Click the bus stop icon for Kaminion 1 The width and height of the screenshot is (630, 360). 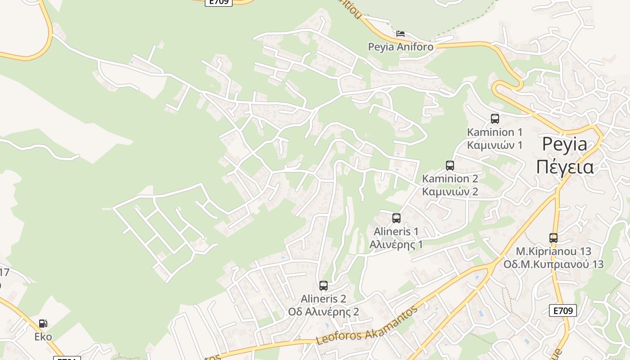click(x=495, y=119)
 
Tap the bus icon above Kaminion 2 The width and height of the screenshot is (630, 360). click(x=450, y=165)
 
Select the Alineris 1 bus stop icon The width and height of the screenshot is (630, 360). click(x=396, y=218)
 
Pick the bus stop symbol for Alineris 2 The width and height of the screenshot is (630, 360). click(x=324, y=285)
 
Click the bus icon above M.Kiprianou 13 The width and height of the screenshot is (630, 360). click(x=553, y=238)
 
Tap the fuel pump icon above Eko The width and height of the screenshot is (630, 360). click(x=43, y=324)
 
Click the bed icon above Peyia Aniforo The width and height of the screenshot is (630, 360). click(x=400, y=34)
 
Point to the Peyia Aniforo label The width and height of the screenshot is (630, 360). click(x=400, y=47)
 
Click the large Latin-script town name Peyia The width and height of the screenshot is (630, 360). click(x=565, y=144)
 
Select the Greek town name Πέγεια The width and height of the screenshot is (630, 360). click(x=565, y=166)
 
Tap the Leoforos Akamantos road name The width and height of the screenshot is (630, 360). click(x=367, y=325)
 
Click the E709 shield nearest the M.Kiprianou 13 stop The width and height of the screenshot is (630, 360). click(x=562, y=310)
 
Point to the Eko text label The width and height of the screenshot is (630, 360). click(x=43, y=337)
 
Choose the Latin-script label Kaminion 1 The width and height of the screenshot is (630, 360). click(x=495, y=132)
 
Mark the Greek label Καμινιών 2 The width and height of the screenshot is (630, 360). click(x=450, y=192)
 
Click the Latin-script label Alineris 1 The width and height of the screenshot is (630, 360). click(x=396, y=231)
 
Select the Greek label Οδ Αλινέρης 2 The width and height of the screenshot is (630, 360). click(x=324, y=312)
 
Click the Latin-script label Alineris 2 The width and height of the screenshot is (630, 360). click(x=324, y=299)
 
